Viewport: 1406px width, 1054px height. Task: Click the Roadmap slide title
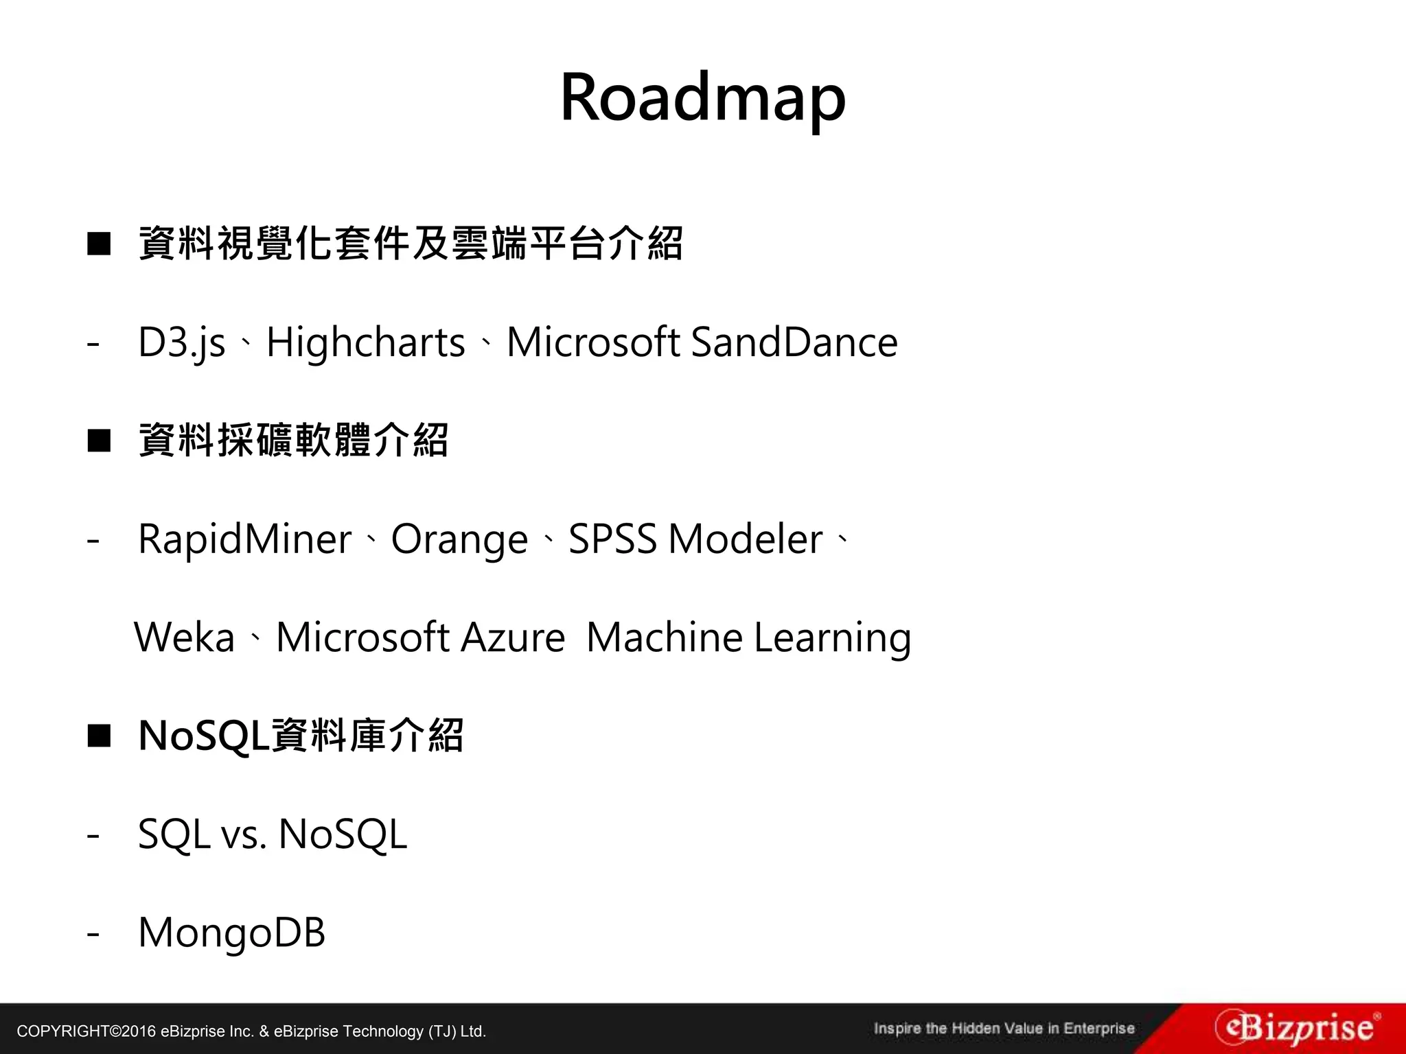(x=702, y=97)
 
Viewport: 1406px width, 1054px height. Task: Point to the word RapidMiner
(x=244, y=539)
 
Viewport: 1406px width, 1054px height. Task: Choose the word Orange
(x=459, y=540)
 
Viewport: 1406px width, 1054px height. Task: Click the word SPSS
(x=612, y=539)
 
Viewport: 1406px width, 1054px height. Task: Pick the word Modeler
(x=745, y=539)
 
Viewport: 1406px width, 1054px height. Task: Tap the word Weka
(x=184, y=637)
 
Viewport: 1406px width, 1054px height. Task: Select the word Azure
(x=513, y=637)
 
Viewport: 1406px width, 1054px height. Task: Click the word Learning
(x=832, y=638)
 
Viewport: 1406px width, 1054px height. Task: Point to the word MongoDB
(x=231, y=933)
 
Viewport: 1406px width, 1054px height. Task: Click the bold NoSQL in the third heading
(x=204, y=736)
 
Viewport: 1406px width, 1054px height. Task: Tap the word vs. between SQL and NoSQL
(x=244, y=835)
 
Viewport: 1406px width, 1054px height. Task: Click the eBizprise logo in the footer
(x=1296, y=1028)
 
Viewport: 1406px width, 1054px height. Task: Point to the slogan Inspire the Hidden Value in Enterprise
(x=1004, y=1029)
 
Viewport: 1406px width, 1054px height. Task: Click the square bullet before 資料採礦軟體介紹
(x=99, y=441)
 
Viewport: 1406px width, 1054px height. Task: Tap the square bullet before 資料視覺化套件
(x=99, y=244)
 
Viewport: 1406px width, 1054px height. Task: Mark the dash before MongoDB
(x=93, y=934)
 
